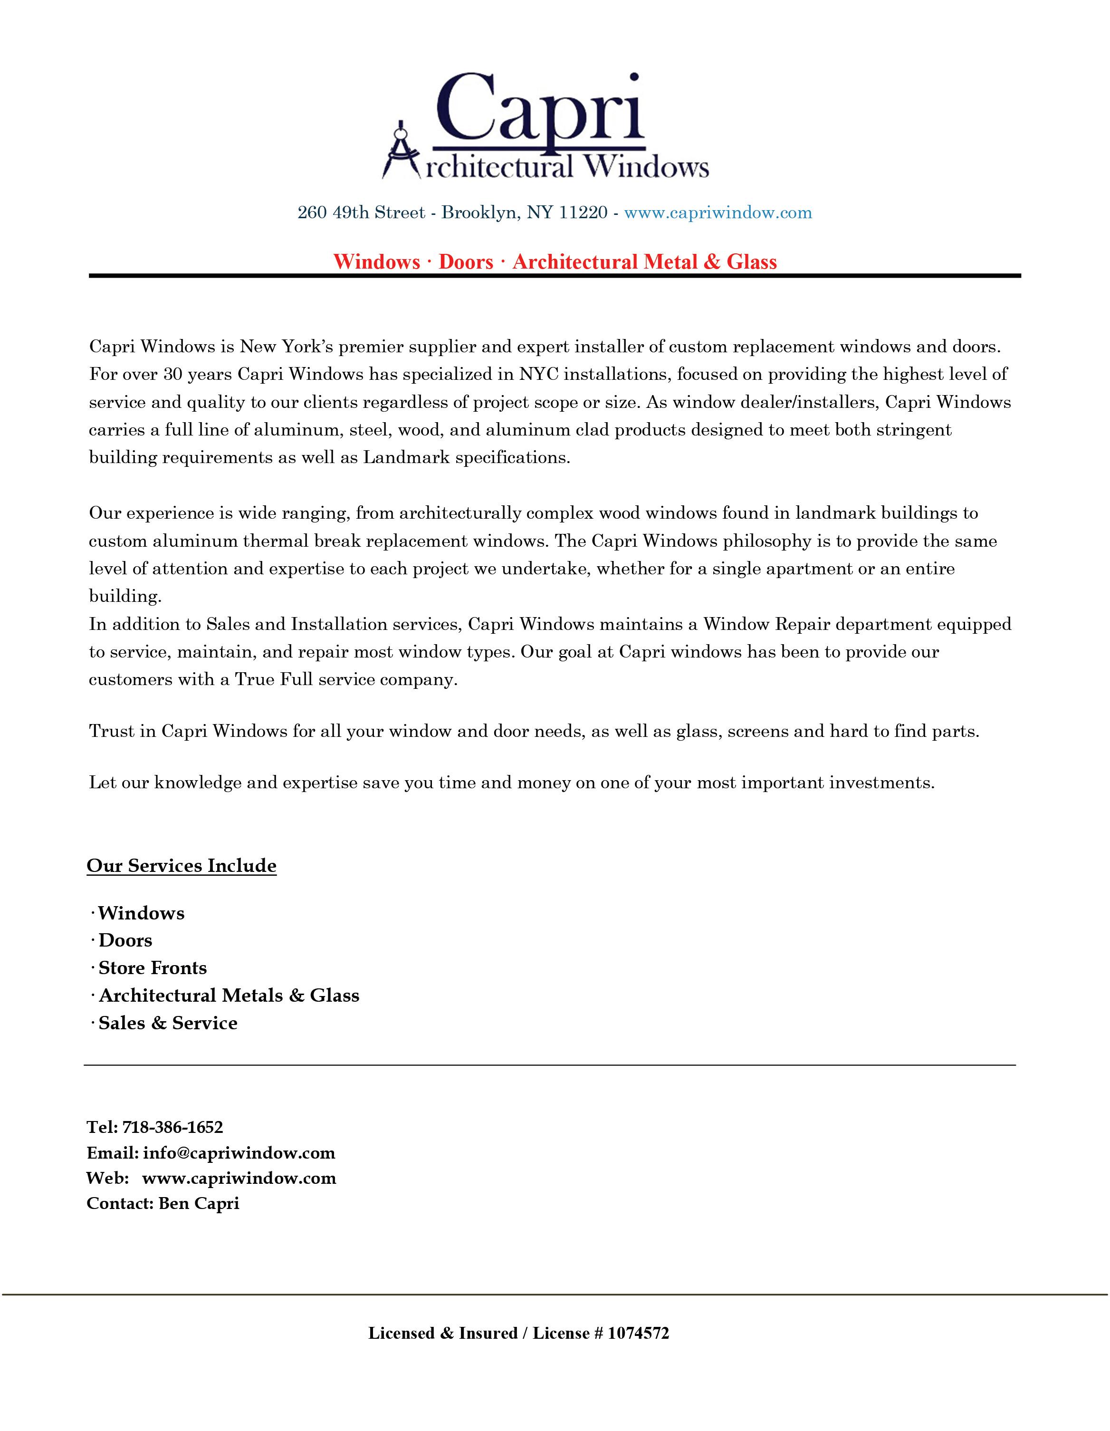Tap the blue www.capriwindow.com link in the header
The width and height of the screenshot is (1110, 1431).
(x=718, y=213)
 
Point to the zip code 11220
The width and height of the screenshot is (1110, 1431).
(x=583, y=213)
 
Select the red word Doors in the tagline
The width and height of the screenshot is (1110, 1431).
(x=466, y=262)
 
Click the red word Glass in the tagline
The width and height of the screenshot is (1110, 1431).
(x=751, y=262)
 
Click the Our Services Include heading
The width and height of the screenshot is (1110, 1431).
(x=182, y=866)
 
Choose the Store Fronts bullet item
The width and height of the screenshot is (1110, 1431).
(x=153, y=968)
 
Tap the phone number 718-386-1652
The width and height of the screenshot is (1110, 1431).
(x=173, y=1127)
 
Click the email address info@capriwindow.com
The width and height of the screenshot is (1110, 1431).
(x=239, y=1153)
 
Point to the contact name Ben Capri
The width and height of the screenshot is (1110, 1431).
(x=199, y=1204)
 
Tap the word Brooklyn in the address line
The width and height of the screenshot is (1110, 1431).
(x=478, y=213)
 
